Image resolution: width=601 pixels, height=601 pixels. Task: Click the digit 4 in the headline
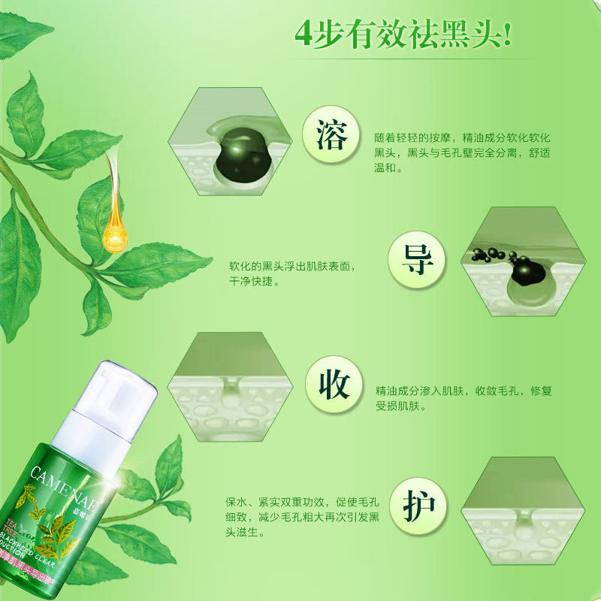(303, 35)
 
